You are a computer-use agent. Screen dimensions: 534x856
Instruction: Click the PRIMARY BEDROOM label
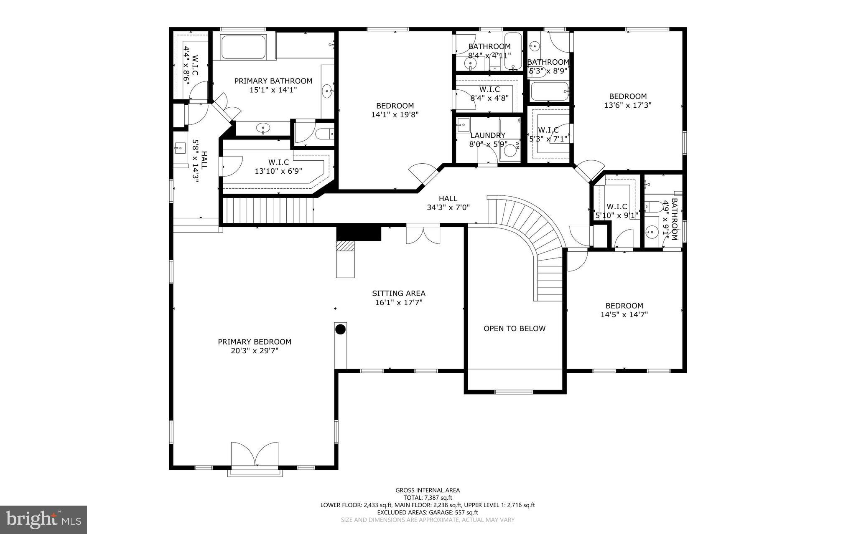pyautogui.click(x=255, y=342)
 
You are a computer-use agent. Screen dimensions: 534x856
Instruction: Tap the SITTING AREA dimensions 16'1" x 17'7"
pyautogui.click(x=399, y=303)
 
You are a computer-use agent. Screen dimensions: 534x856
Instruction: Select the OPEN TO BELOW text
pyautogui.click(x=515, y=329)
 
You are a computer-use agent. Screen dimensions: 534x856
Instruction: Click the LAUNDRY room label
pyautogui.click(x=488, y=135)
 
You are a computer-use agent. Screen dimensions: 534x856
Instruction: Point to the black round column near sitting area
pyautogui.click(x=341, y=329)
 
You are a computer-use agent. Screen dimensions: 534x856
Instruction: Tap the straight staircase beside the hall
pyautogui.click(x=267, y=211)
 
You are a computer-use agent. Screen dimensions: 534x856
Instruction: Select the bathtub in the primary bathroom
pyautogui.click(x=243, y=47)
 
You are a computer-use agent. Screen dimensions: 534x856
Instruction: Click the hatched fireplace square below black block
pyautogui.click(x=346, y=246)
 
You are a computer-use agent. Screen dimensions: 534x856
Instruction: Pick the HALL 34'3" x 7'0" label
pyautogui.click(x=448, y=203)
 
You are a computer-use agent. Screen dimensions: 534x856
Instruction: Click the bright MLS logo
pyautogui.click(x=43, y=519)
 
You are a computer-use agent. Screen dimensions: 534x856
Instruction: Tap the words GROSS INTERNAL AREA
pyautogui.click(x=428, y=490)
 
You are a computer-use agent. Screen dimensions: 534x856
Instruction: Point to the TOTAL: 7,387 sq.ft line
pyautogui.click(x=428, y=498)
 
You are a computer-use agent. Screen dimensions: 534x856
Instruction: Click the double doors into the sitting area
pyautogui.click(x=423, y=235)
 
